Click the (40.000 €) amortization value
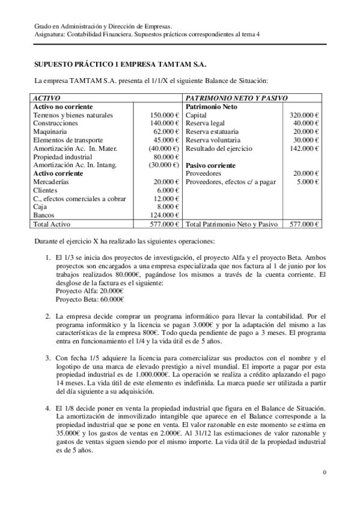(x=164, y=148)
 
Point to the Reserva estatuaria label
(x=212, y=131)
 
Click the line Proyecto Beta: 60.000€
(x=90, y=300)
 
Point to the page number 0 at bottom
(x=325, y=472)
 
